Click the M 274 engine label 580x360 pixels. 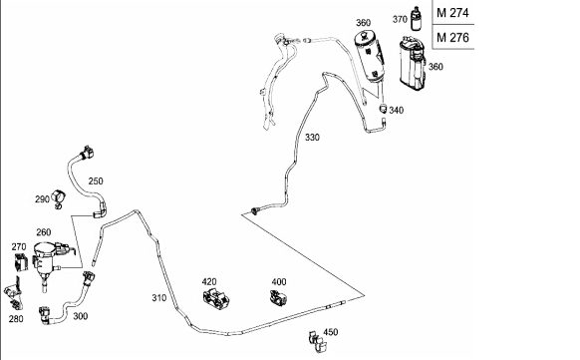point(452,13)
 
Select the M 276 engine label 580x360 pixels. point(452,37)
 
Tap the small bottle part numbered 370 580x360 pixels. point(417,19)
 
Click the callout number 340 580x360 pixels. point(397,110)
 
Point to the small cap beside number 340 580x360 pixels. point(384,109)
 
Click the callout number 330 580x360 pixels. point(312,138)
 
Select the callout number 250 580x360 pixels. point(96,180)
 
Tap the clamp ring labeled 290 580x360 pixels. point(58,198)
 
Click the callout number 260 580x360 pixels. point(43,232)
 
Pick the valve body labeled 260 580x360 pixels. point(46,259)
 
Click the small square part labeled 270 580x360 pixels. point(21,262)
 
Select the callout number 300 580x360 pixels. point(81,316)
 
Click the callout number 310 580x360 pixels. point(159,298)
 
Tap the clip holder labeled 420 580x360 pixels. point(216,298)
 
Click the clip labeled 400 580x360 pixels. point(278,298)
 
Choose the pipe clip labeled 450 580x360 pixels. point(317,341)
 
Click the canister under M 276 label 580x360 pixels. point(413,63)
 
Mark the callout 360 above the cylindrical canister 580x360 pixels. point(363,23)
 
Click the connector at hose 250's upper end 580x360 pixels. point(86,153)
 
